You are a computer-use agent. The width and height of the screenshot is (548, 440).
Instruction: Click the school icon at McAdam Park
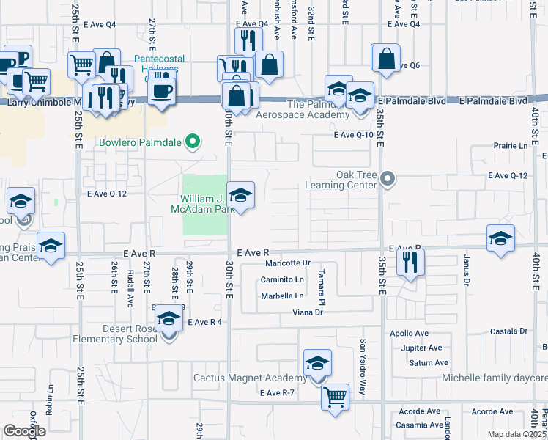tap(240, 195)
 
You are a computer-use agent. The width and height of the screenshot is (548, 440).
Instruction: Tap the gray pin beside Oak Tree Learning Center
tap(389, 177)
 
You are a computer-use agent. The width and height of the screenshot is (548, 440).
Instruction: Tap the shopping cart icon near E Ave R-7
tap(336, 397)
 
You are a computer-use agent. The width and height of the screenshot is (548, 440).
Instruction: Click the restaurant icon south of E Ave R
tap(410, 262)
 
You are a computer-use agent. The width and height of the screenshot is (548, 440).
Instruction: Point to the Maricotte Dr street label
tap(289, 263)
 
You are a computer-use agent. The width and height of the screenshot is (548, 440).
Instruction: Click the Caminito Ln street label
tap(283, 280)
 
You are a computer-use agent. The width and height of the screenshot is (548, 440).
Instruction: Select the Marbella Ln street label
tap(282, 297)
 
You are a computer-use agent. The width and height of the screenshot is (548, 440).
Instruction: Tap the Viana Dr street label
tap(308, 312)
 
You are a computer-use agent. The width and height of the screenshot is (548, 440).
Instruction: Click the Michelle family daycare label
tap(494, 378)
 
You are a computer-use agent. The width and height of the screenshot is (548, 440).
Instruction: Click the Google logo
tap(25, 431)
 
